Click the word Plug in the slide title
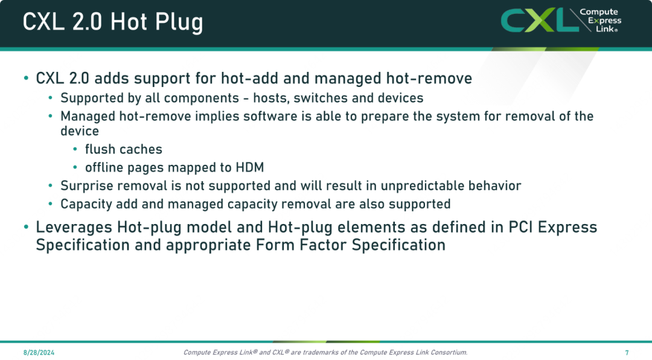click(179, 22)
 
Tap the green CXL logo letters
click(539, 20)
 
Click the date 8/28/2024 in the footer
click(39, 353)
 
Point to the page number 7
click(627, 353)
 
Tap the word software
click(270, 116)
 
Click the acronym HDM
click(250, 167)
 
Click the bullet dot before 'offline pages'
click(75, 167)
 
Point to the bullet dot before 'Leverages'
click(26, 227)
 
